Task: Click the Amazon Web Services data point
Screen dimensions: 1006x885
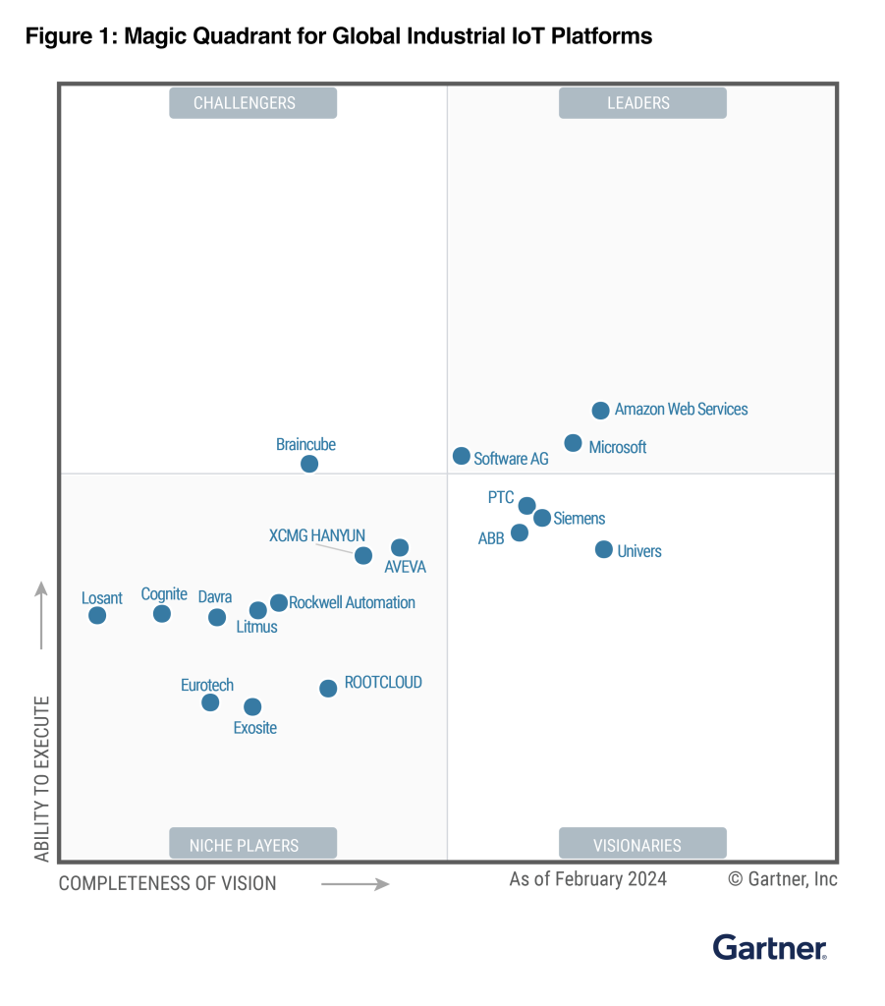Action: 600,411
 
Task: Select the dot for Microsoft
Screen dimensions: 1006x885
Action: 573,443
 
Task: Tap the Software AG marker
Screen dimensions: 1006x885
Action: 461,456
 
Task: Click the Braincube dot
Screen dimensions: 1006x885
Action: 309,464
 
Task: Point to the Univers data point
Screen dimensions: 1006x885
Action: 604,549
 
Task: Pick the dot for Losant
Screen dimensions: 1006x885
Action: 97,615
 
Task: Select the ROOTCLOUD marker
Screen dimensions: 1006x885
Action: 328,689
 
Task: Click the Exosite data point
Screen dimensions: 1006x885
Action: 252,706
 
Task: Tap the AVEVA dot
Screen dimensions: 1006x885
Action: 399,547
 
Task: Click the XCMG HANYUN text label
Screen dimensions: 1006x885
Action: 316,535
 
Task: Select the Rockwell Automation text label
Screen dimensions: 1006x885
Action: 352,602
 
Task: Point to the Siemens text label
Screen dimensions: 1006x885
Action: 579,518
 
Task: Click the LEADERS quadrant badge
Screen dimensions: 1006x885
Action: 642,103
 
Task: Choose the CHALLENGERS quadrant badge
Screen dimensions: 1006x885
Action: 252,103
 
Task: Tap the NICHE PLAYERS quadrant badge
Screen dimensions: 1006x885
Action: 252,844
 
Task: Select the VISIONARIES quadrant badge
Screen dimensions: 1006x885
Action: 642,844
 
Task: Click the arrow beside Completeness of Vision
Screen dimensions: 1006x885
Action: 355,884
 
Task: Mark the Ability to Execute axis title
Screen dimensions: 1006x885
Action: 42,778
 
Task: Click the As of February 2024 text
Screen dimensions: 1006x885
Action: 587,878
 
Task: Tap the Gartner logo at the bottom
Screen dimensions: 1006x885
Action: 769,947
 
